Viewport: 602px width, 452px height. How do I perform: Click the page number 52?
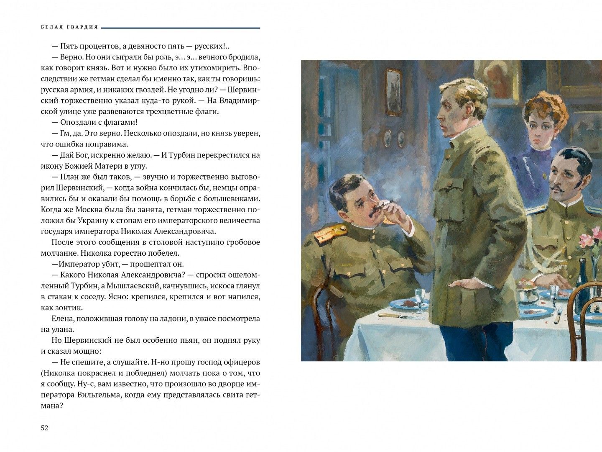(45, 428)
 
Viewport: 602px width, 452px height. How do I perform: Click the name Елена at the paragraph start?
(62, 318)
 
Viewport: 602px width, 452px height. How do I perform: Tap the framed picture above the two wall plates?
(393, 92)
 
